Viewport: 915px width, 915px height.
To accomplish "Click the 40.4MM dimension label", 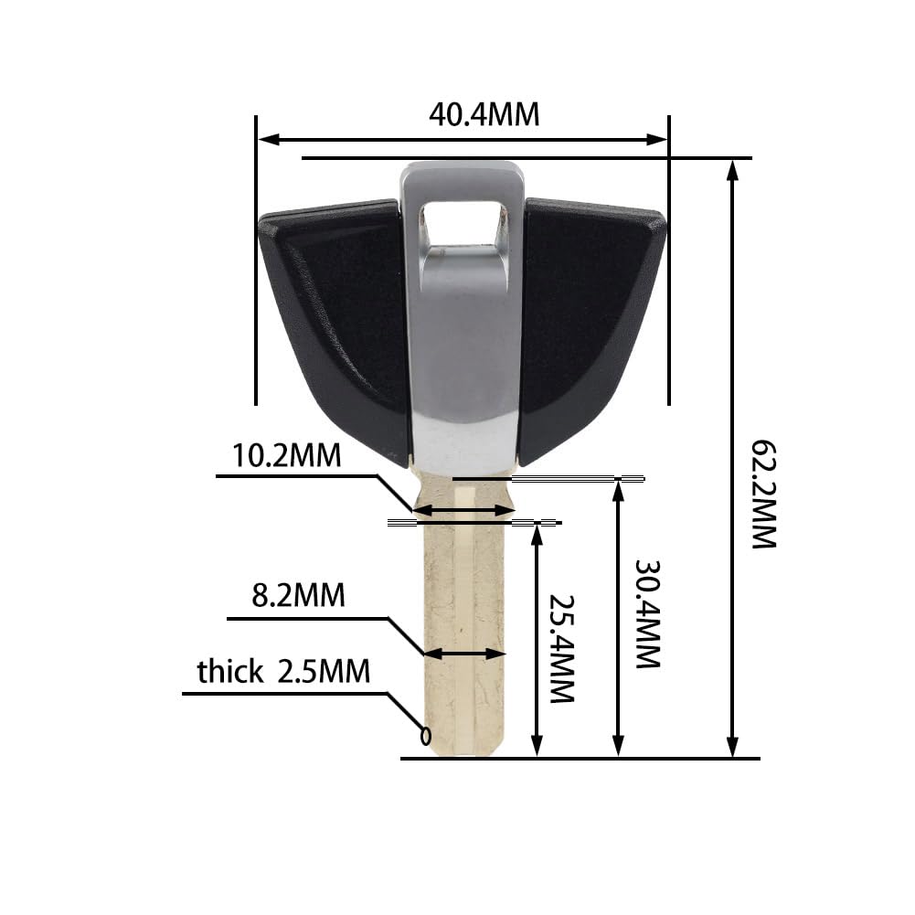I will [484, 114].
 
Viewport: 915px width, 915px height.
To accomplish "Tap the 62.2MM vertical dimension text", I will [763, 494].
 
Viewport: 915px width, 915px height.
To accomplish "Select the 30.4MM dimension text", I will [647, 613].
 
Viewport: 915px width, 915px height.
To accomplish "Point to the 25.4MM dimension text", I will [560, 648].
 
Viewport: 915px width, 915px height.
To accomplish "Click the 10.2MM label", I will [286, 455].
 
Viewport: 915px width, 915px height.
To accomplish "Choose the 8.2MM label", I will [299, 596].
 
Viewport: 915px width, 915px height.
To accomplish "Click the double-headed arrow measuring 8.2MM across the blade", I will [464, 654].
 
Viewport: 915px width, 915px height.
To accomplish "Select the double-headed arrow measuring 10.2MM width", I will [464, 510].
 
